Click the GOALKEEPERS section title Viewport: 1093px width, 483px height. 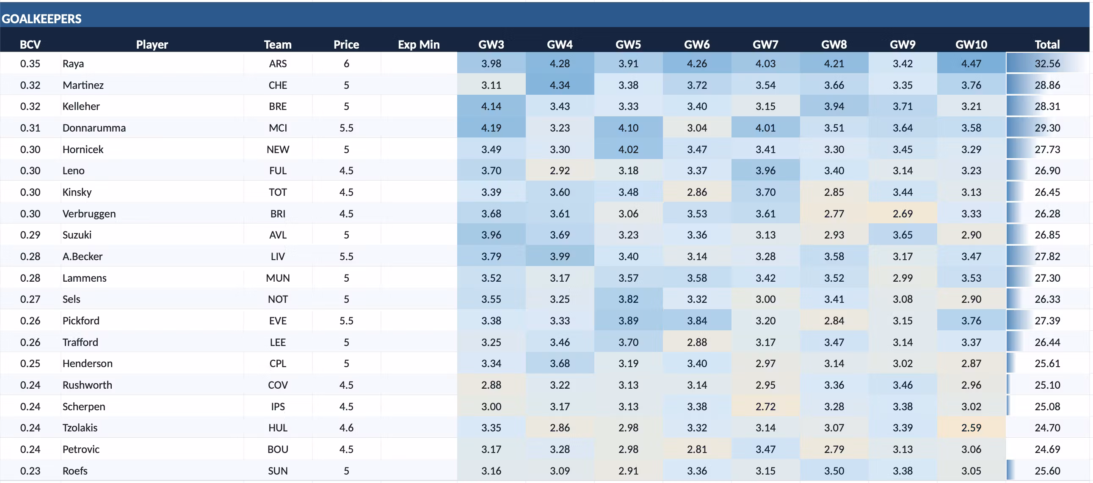pos(41,19)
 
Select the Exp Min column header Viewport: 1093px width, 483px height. pos(418,44)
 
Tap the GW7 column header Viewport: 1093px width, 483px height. pos(765,44)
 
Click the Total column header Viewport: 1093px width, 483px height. pos(1047,44)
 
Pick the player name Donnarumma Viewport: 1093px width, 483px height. pos(94,128)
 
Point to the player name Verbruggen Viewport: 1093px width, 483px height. pos(88,214)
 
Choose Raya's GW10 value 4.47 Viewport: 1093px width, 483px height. pos(971,63)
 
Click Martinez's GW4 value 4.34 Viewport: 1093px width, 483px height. pos(560,85)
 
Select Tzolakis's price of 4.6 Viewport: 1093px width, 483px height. pos(346,428)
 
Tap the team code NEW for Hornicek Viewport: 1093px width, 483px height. pos(278,149)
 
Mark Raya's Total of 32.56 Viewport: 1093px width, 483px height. pos(1047,63)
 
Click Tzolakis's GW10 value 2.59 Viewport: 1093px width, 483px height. pos(971,428)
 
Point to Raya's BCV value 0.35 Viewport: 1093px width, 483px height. pos(30,63)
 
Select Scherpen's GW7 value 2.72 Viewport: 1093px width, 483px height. pos(765,406)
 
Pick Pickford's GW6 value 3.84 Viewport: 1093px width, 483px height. pos(697,321)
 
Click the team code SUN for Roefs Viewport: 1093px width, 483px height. pos(278,471)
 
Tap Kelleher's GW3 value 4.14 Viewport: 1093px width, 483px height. pos(491,107)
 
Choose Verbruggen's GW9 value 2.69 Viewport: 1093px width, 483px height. pos(902,214)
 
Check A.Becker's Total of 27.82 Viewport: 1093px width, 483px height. pos(1047,256)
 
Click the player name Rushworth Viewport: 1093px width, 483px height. pos(87,385)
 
